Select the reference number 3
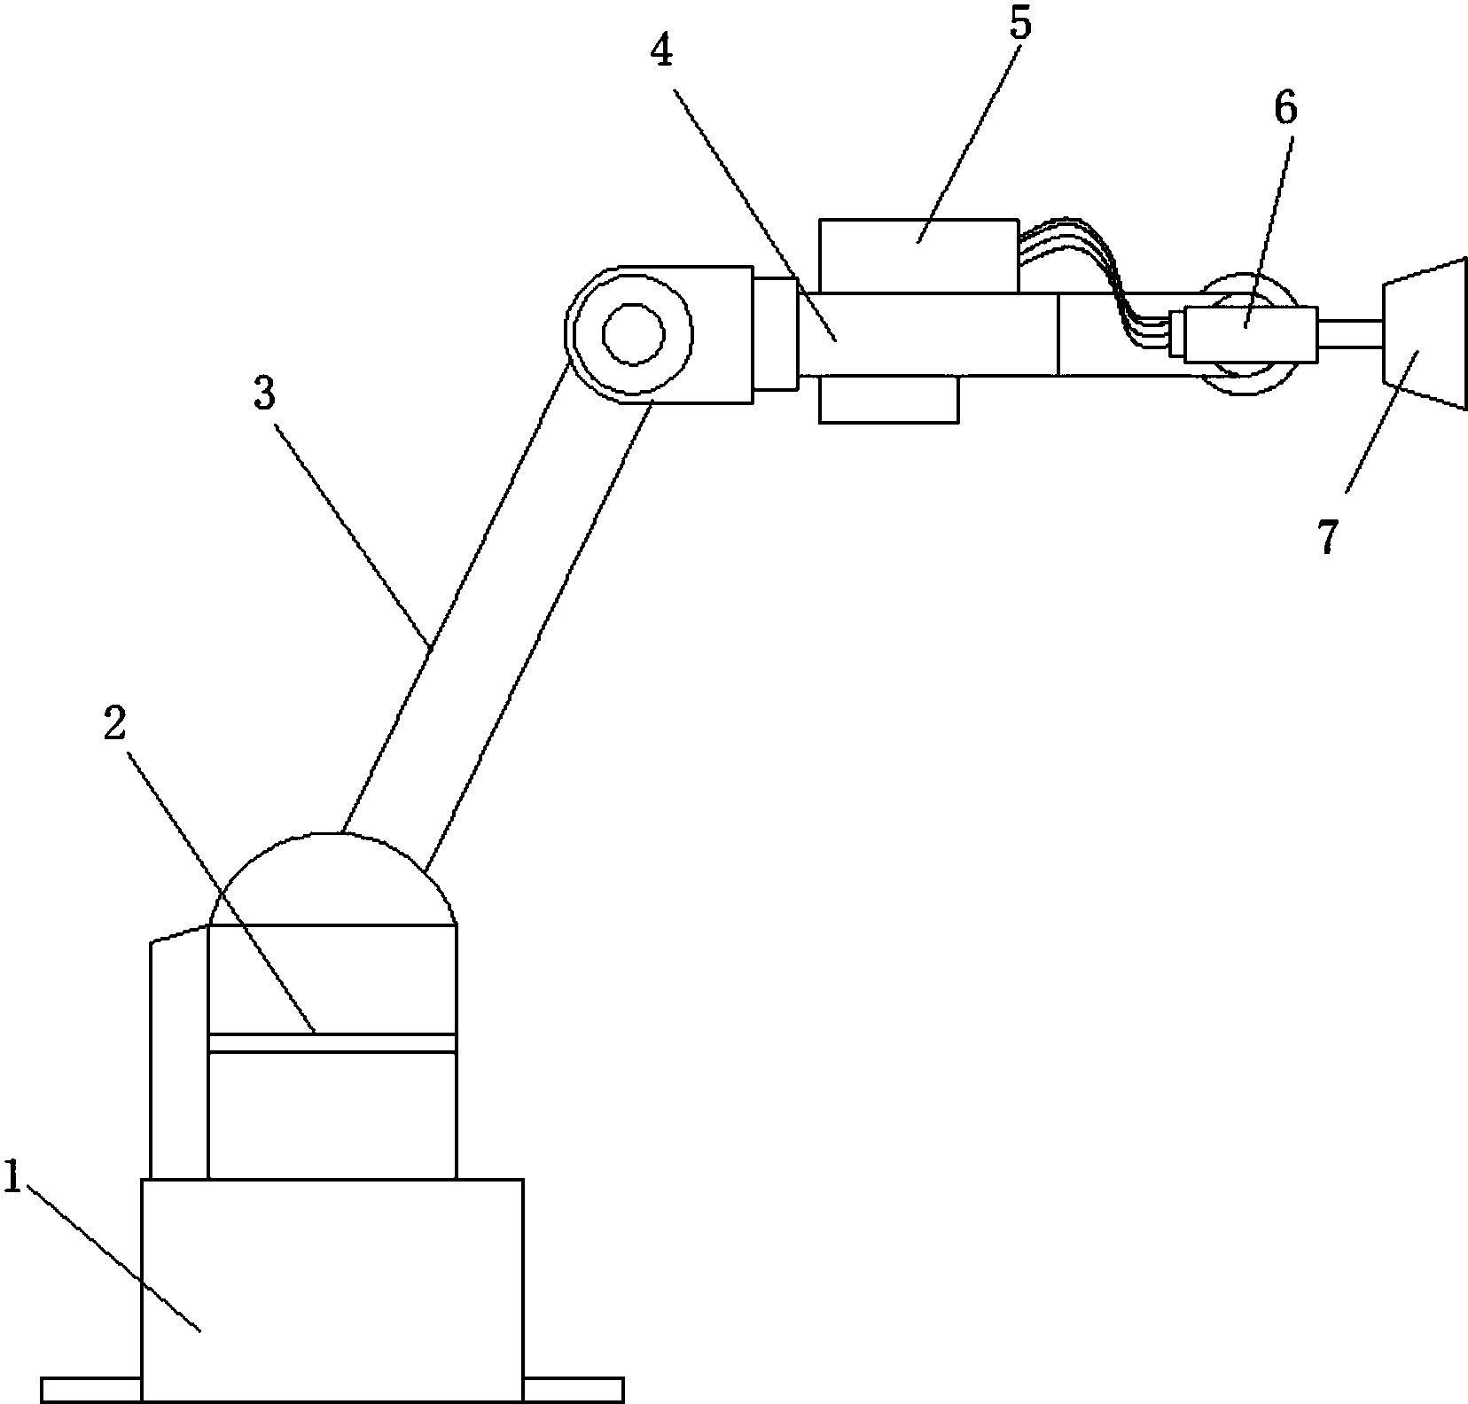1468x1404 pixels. point(265,393)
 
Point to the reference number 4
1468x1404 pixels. point(661,52)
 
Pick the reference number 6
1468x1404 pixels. point(1285,107)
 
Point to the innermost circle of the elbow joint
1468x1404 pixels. point(634,334)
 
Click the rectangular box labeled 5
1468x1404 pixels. point(918,255)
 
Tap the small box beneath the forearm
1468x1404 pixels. point(888,399)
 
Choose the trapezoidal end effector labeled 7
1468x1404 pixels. point(1422,333)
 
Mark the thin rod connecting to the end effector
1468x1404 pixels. point(1349,334)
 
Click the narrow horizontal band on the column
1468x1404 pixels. point(332,1042)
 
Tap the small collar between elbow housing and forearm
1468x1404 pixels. point(775,333)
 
